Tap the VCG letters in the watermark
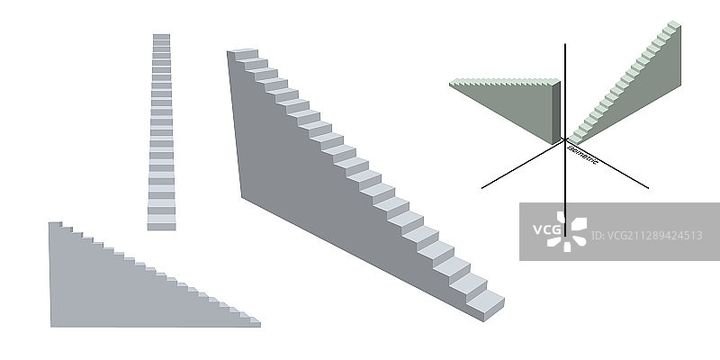(x=545, y=229)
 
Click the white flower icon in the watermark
(x=571, y=231)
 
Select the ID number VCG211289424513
(x=646, y=236)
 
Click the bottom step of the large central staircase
(x=486, y=306)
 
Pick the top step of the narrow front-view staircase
(x=161, y=37)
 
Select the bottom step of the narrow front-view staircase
(x=161, y=223)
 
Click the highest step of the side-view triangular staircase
(x=55, y=224)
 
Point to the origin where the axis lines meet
(x=564, y=140)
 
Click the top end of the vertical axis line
(x=564, y=44)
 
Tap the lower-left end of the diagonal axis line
(x=483, y=187)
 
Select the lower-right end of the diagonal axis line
(x=647, y=187)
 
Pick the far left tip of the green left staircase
(x=452, y=83)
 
